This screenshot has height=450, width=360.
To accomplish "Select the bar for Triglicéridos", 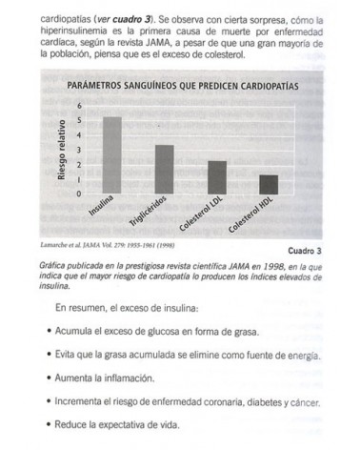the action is [164, 169].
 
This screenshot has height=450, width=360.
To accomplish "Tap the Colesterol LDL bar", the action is [216, 176].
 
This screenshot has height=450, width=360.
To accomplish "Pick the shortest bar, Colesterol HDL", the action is [268, 183].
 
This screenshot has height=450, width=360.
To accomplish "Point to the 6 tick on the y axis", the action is [80, 105].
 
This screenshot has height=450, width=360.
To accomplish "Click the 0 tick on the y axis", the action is [80, 193].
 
